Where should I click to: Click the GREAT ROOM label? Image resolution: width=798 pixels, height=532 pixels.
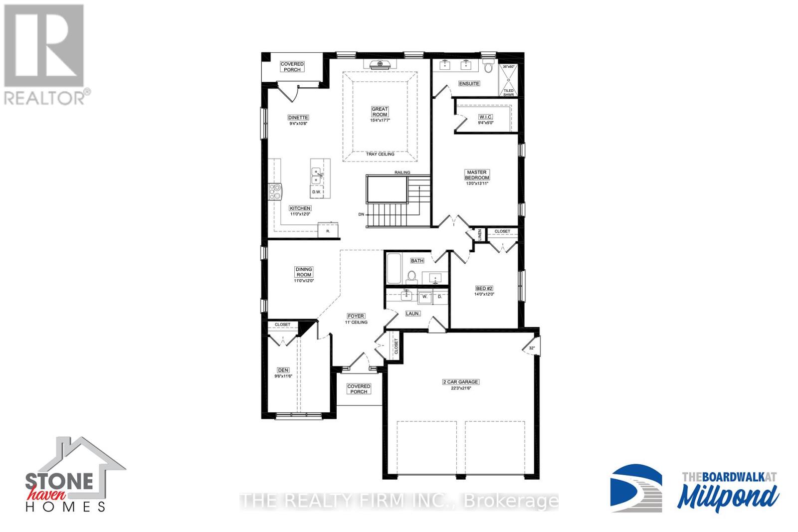click(380, 112)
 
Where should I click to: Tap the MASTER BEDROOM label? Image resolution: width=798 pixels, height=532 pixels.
click(477, 175)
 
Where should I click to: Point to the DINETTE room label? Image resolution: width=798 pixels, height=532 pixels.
click(298, 118)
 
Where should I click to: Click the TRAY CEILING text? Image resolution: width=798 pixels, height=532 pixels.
click(380, 154)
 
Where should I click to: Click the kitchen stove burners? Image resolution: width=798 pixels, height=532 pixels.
click(275, 191)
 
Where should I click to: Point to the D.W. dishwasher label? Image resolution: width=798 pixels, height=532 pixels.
click(316, 192)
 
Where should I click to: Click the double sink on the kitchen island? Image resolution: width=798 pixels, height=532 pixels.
click(317, 175)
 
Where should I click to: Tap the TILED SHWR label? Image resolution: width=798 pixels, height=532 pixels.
click(508, 92)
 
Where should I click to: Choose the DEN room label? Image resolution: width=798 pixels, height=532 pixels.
click(283, 370)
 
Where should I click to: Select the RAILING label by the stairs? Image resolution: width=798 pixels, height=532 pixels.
click(402, 173)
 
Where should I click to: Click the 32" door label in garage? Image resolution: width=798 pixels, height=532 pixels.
click(531, 348)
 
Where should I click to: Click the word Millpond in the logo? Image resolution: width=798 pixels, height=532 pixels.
click(729, 496)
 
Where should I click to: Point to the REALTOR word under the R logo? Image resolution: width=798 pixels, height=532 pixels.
click(44, 97)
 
